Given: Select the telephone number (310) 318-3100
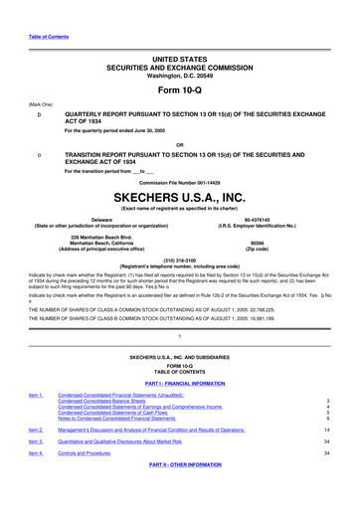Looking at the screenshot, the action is pos(179,261).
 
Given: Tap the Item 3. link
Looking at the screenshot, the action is pos(35,439).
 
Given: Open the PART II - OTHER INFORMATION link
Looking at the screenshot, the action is pos(179,465).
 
